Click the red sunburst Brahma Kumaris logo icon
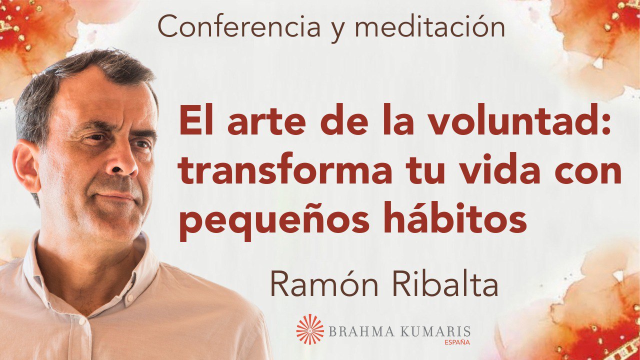pyautogui.click(x=310, y=329)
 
